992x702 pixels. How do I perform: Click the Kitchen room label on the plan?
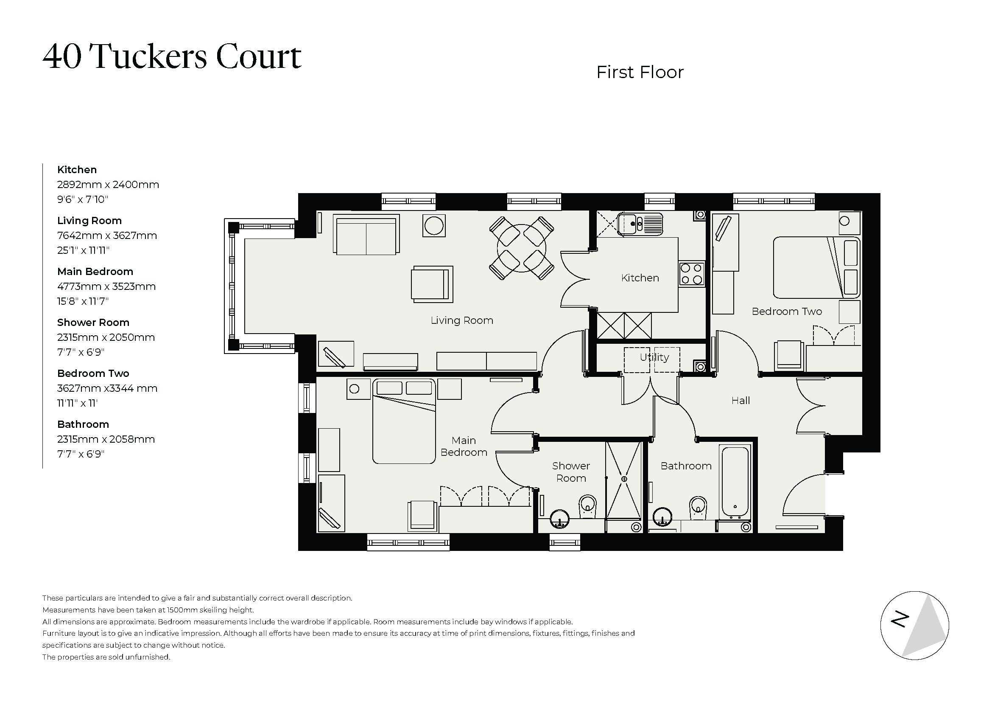(x=640, y=278)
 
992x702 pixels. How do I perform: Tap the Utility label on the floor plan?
(x=654, y=357)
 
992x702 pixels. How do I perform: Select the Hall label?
(x=740, y=401)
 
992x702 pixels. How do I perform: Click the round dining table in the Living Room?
(x=521, y=248)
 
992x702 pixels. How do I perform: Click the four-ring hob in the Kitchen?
(x=691, y=274)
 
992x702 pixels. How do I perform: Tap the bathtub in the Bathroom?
(x=735, y=482)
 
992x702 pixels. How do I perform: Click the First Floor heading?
(x=640, y=73)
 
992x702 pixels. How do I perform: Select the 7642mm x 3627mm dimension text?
(x=107, y=236)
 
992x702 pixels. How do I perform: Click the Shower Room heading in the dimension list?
(x=93, y=323)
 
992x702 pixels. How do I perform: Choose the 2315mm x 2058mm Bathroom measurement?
(x=106, y=439)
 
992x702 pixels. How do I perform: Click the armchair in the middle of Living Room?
(x=431, y=284)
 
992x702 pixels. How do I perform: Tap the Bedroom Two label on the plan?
(x=786, y=312)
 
